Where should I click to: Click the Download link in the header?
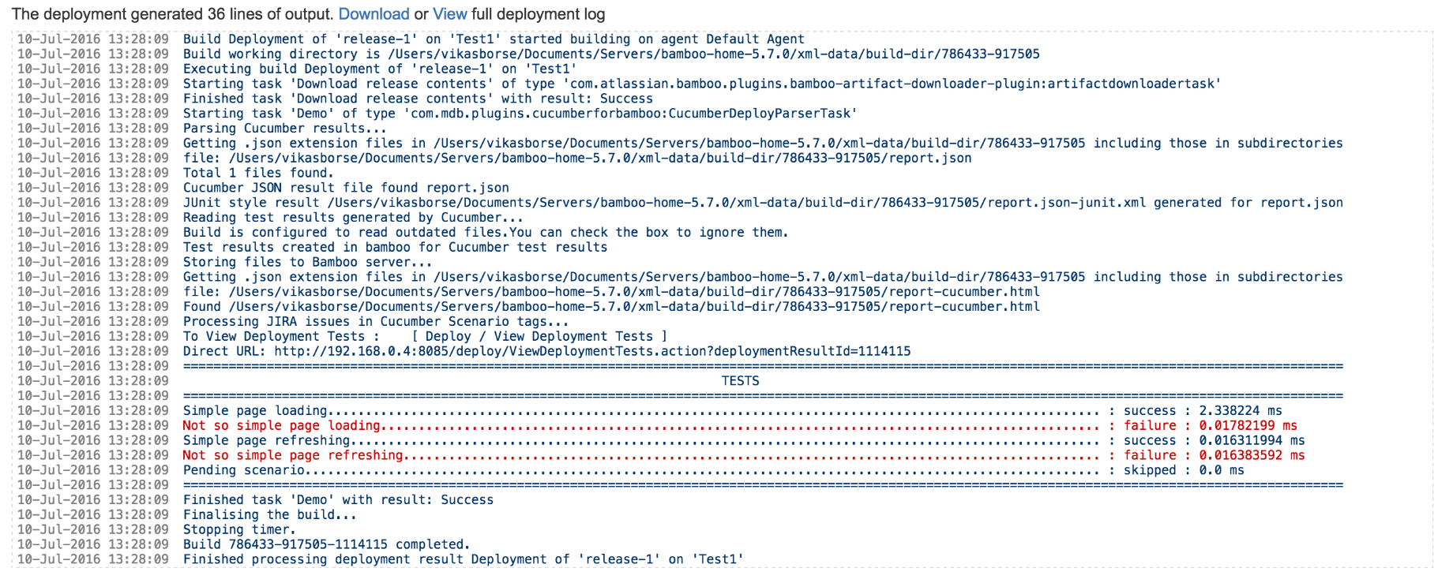(374, 14)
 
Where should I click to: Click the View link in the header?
(449, 14)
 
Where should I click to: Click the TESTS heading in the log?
(740, 381)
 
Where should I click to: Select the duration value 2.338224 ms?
(1240, 411)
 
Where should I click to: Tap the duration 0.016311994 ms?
(1251, 441)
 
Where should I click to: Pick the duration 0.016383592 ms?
(1251, 456)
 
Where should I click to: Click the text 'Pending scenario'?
(244, 471)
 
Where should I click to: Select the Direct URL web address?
(592, 352)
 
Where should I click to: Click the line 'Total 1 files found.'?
(258, 173)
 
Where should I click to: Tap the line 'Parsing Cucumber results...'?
(284, 129)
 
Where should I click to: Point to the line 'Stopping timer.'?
(239, 530)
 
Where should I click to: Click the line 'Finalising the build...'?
(269, 515)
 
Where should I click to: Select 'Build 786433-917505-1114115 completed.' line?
(326, 545)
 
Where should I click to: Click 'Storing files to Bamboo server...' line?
(307, 263)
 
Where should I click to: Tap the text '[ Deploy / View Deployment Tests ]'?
(539, 337)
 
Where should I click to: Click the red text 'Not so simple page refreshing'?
(293, 456)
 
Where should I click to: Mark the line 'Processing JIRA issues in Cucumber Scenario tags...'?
(376, 322)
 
